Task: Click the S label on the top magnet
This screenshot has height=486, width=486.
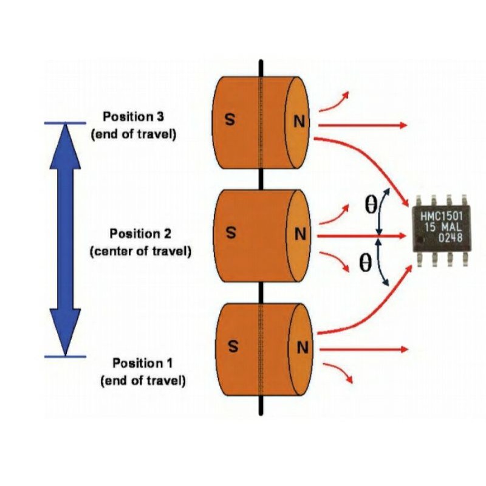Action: coord(230,120)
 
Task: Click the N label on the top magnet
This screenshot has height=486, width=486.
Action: coord(298,122)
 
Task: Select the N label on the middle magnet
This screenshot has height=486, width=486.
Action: coord(299,234)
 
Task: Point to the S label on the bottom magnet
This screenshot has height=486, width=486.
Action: coord(232,347)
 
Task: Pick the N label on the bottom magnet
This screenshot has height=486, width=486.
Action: coord(301,348)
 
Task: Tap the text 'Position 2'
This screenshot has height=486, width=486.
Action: coord(140,233)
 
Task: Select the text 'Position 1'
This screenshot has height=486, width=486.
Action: coord(143,363)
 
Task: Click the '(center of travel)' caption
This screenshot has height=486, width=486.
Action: coord(140,251)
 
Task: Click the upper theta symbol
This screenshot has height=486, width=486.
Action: coord(370,205)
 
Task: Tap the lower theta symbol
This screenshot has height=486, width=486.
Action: coord(365,262)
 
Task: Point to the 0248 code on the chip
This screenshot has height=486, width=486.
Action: coord(451,238)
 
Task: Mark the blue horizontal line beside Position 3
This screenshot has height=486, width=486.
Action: coord(65,124)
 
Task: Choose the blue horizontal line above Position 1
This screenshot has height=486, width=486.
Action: coord(65,356)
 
